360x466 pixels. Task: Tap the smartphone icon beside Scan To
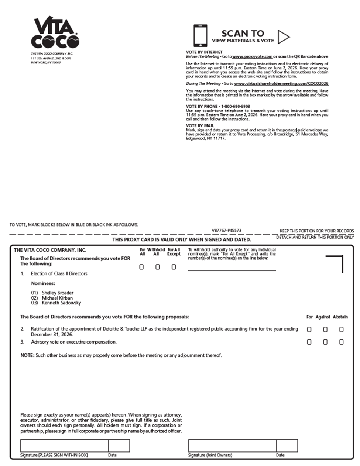tap(200, 35)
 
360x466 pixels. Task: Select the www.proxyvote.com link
tap(253, 57)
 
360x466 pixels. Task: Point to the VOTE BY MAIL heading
tap(200, 126)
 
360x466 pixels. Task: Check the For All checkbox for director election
tap(141, 267)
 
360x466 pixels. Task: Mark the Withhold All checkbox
tap(158, 267)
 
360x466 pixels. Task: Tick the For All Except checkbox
tap(174, 267)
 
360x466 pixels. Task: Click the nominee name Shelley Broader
tap(57, 293)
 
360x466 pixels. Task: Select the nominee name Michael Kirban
tap(57, 298)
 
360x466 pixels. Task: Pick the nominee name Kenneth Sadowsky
tap(61, 303)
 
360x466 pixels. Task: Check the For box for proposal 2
tap(309, 329)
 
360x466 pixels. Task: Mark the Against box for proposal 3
tap(325, 342)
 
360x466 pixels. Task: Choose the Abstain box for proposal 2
tap(342, 329)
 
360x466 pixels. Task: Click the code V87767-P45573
tap(226, 231)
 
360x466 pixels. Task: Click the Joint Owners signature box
tap(232, 446)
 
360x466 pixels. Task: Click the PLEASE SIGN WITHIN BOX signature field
tap(64, 446)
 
